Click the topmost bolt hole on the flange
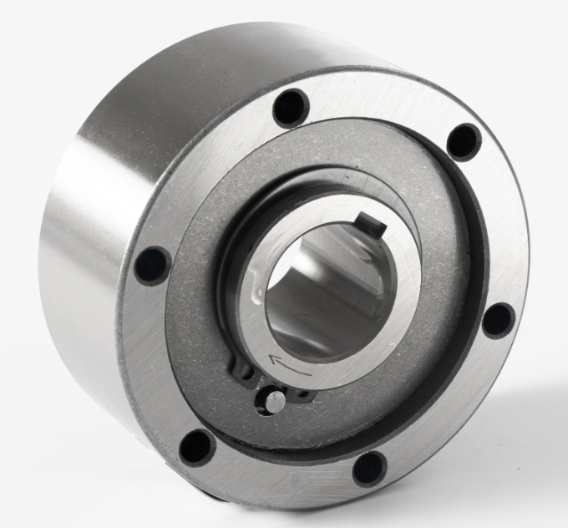point(291,107)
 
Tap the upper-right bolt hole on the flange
point(464,141)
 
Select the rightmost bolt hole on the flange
point(499,320)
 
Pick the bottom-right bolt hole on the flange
point(369,468)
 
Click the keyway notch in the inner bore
point(368,223)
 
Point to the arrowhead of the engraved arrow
point(273,359)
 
